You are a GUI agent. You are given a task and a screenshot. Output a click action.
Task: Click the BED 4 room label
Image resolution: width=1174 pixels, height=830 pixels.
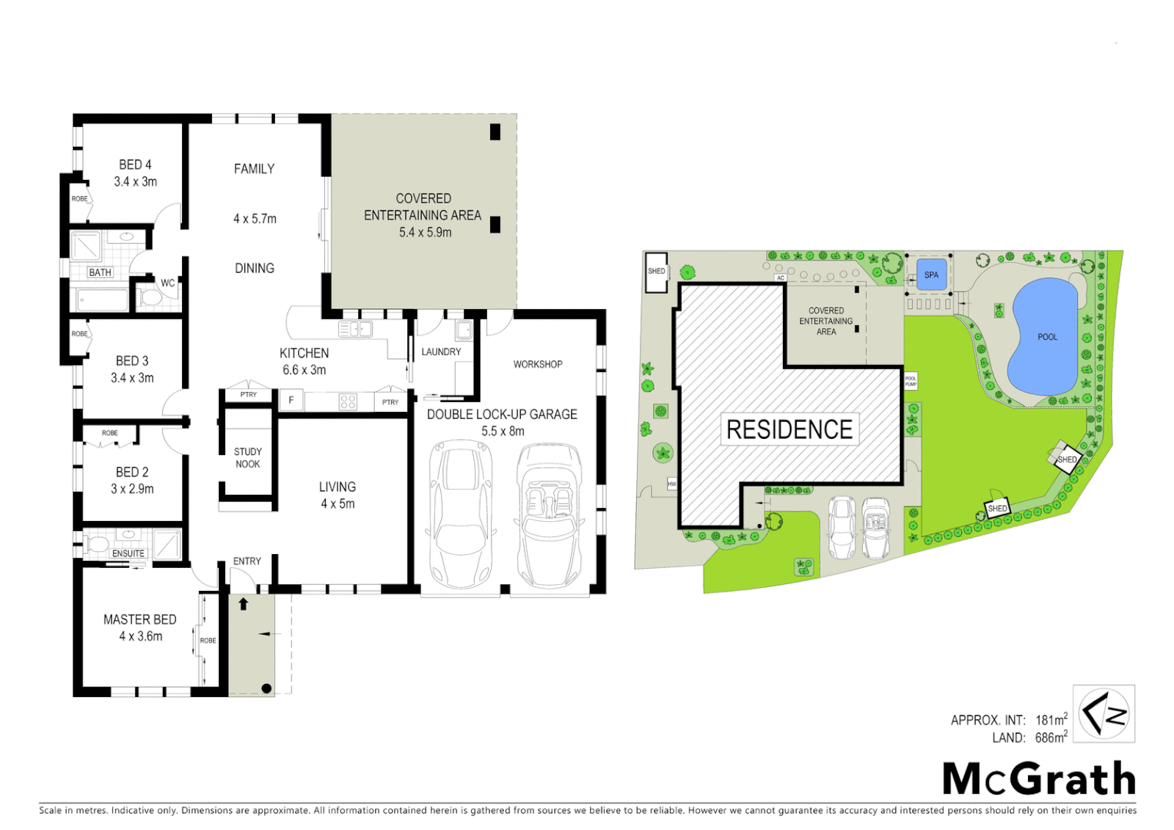(135, 164)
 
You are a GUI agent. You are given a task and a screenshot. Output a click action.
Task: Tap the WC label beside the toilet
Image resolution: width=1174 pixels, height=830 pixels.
(167, 283)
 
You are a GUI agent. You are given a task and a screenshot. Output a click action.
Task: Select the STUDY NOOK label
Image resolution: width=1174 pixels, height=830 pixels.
(247, 458)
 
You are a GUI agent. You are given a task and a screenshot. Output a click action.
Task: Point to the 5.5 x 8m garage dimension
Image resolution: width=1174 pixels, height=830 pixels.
(502, 431)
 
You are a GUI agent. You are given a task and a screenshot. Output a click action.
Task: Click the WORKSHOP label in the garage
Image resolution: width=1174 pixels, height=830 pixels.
(538, 364)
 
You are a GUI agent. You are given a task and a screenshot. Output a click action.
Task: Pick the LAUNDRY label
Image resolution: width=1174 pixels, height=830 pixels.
(441, 352)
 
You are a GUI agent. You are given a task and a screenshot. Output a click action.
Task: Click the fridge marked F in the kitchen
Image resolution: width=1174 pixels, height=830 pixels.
(291, 400)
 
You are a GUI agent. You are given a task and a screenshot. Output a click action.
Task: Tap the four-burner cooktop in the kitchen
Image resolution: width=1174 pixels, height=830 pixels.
(348, 401)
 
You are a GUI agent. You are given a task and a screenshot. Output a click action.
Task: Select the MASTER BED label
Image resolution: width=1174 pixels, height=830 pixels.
(140, 619)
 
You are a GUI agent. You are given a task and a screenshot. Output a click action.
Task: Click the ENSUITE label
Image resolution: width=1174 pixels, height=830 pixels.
(128, 553)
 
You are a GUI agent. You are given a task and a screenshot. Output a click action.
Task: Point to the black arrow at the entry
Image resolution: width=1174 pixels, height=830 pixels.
(244, 604)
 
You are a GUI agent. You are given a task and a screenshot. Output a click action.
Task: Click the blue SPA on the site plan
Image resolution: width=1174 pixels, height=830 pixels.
(931, 275)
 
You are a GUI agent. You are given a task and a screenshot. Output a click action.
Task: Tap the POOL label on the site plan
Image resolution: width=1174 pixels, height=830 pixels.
(1047, 337)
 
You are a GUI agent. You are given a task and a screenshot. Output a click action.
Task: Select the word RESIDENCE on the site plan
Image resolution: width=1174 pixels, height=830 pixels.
(789, 430)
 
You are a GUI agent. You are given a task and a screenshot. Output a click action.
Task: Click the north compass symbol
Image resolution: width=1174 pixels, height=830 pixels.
(1104, 714)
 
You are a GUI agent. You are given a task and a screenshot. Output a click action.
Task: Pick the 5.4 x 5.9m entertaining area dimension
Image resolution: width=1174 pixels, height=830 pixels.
(425, 232)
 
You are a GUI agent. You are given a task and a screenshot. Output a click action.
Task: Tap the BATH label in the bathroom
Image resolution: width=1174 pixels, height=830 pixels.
(100, 273)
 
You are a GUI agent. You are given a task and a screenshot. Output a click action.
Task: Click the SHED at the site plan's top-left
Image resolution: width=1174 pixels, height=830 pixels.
(656, 272)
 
